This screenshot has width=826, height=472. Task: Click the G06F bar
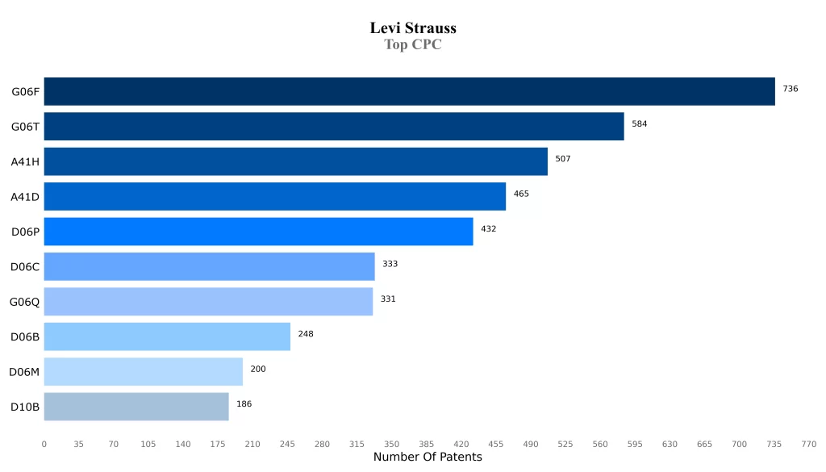(x=409, y=91)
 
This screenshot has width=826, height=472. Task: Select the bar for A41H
(x=295, y=161)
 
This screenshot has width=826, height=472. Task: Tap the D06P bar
(x=258, y=232)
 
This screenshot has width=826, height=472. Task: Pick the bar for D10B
(x=136, y=407)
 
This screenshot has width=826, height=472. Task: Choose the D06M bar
(x=143, y=371)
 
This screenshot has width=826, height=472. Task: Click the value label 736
(x=791, y=89)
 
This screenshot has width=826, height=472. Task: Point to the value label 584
(x=640, y=124)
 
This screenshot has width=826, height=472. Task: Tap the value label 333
(x=390, y=264)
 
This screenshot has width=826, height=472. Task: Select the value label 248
(x=306, y=334)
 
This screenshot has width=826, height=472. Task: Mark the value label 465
(x=521, y=194)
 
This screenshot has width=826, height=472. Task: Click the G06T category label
(x=25, y=127)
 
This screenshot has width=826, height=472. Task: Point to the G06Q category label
(x=24, y=302)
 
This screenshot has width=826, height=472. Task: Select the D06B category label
(x=25, y=336)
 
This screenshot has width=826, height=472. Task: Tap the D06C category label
(x=25, y=266)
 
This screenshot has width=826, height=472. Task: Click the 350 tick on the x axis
(x=391, y=444)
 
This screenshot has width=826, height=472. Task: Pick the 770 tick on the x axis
(x=809, y=444)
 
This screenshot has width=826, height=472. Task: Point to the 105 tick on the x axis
(x=148, y=444)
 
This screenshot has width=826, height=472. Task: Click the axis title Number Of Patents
(x=428, y=457)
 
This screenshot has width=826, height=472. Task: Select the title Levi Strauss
(x=413, y=28)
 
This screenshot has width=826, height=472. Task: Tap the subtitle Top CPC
(x=413, y=44)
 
